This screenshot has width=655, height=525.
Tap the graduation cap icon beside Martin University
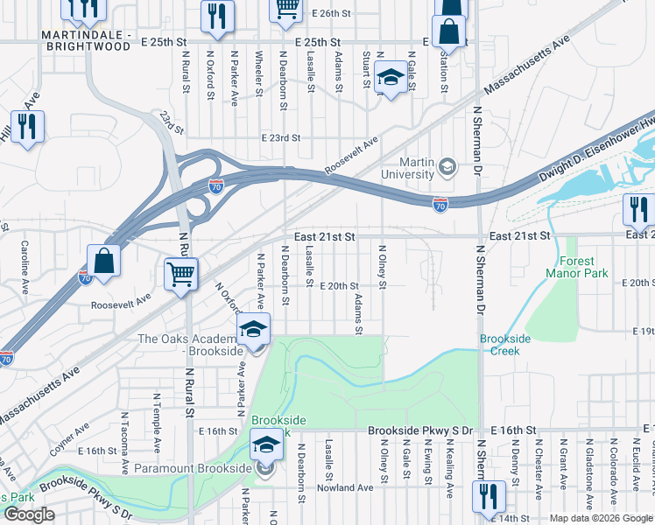tap(447, 165)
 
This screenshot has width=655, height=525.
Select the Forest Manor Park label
tap(570, 267)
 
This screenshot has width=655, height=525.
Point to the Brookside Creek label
tap(499, 345)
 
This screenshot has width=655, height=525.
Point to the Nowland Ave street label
tap(345, 487)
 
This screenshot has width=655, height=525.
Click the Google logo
tap(30, 514)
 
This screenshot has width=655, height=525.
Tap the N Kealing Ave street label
tap(448, 468)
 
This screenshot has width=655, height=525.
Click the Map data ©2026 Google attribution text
tap(601, 518)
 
